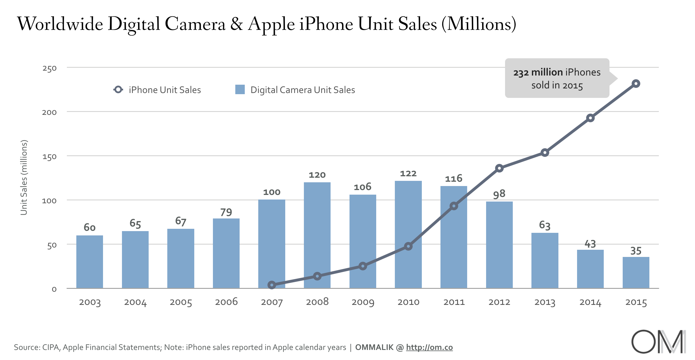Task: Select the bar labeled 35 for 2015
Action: (x=636, y=273)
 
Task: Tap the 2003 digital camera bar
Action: (x=90, y=262)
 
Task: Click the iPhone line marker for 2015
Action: (x=636, y=84)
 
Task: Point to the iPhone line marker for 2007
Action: (x=272, y=285)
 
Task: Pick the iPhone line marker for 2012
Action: (x=499, y=168)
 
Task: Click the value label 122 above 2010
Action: (x=408, y=174)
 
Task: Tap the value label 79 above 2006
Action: (x=226, y=212)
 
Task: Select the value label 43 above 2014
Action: (x=590, y=244)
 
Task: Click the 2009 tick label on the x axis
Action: (x=363, y=302)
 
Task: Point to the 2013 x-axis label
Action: (x=545, y=302)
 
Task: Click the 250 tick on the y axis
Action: (x=49, y=69)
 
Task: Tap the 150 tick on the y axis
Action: (x=49, y=157)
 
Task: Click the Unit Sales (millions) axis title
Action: (x=24, y=177)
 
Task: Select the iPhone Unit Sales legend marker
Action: (x=118, y=90)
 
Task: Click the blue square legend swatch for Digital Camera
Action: (x=240, y=90)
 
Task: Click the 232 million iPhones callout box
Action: (x=557, y=78)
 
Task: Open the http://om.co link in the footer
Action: (x=429, y=347)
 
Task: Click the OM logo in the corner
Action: (x=658, y=342)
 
